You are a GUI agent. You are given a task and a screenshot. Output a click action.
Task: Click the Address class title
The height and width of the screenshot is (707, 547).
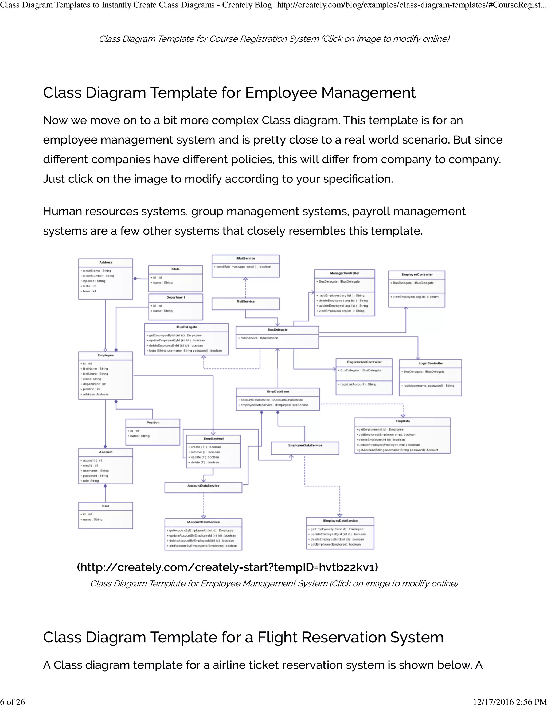pos(106,262)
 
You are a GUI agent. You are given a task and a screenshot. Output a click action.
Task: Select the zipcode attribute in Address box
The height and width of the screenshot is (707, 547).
pos(92,281)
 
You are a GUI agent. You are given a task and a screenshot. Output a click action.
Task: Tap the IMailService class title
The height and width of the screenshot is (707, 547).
pos(245,258)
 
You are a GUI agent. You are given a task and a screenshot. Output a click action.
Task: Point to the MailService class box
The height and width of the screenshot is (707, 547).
pos(245,303)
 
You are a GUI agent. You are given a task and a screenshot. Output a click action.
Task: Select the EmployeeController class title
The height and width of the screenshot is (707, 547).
pos(417,275)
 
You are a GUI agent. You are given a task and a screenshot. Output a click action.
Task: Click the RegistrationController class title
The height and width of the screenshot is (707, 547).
pos(364,362)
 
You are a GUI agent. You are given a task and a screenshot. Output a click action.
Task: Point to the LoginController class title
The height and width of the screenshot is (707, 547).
pos(430,363)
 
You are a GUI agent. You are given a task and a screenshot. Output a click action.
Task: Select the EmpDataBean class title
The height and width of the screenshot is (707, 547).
pos(278,392)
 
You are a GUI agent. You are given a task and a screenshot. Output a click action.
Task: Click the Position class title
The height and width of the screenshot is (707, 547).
pos(153,422)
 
